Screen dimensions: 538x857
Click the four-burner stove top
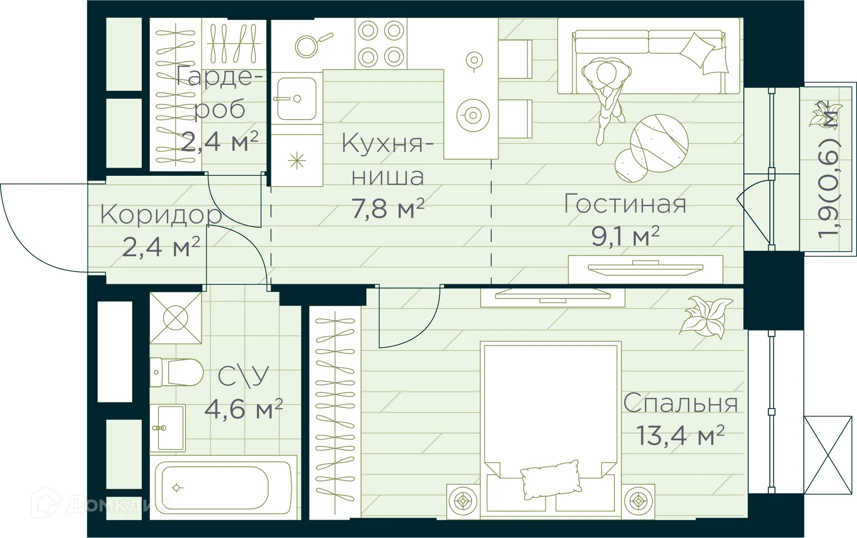[381, 44]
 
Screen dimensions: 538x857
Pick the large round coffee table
[659, 143]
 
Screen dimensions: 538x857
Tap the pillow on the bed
[551, 479]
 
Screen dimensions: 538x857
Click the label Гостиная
[625, 204]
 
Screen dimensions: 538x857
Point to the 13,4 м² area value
[680, 436]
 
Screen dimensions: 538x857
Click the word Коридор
[161, 214]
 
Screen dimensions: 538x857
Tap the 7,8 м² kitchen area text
[388, 208]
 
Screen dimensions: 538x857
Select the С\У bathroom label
[243, 377]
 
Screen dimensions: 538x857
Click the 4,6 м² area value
[243, 409]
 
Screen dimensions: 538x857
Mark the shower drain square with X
[175, 318]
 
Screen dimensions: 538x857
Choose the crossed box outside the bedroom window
[828, 455]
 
